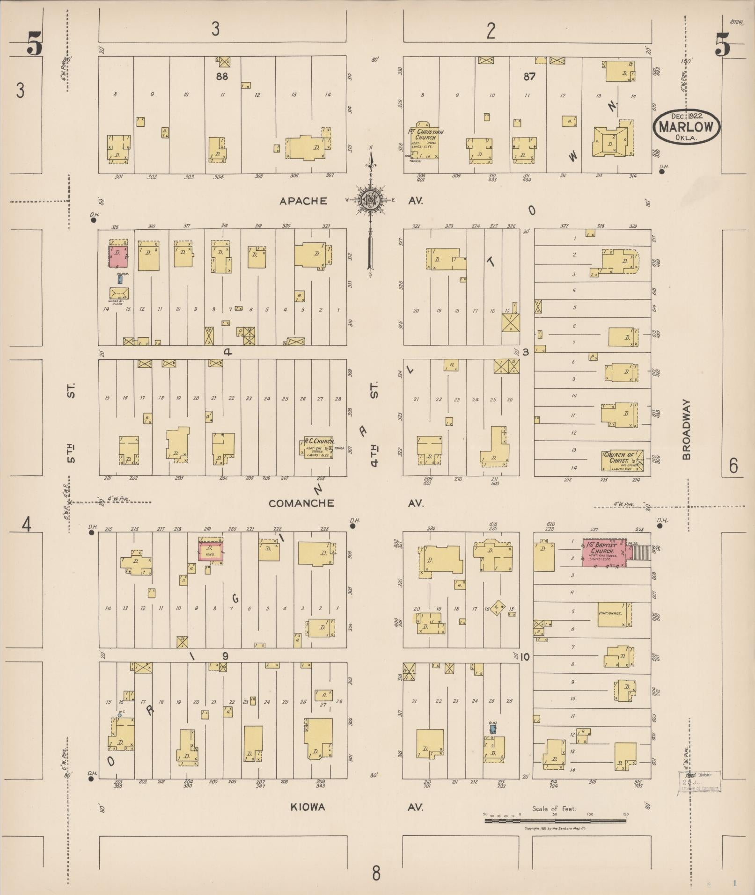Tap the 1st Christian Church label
[x=425, y=135]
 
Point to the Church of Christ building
[x=623, y=460]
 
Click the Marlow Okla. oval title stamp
[x=687, y=126]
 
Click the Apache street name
[x=303, y=201]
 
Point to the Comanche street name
[x=301, y=503]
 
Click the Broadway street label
[x=687, y=429]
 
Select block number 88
[x=221, y=76]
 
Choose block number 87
[x=529, y=76]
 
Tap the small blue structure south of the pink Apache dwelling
[x=120, y=280]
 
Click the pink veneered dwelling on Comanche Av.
[x=211, y=551]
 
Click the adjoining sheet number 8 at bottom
[x=376, y=873]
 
